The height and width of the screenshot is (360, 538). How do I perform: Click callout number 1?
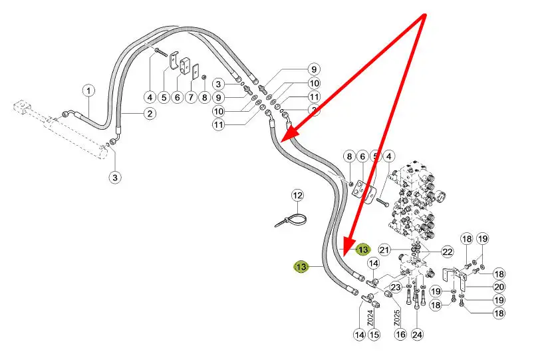(88, 90)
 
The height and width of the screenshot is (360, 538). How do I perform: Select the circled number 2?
(150, 114)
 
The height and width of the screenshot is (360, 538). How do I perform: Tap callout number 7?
(191, 98)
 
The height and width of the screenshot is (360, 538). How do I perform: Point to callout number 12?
(297, 196)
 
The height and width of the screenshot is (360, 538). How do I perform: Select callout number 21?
(384, 250)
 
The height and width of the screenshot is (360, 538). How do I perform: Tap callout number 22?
(447, 252)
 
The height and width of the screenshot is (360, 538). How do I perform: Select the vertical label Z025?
(396, 317)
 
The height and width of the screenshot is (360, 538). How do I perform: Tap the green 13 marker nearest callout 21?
(362, 250)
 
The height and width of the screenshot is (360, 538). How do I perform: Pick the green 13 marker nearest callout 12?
(302, 267)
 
